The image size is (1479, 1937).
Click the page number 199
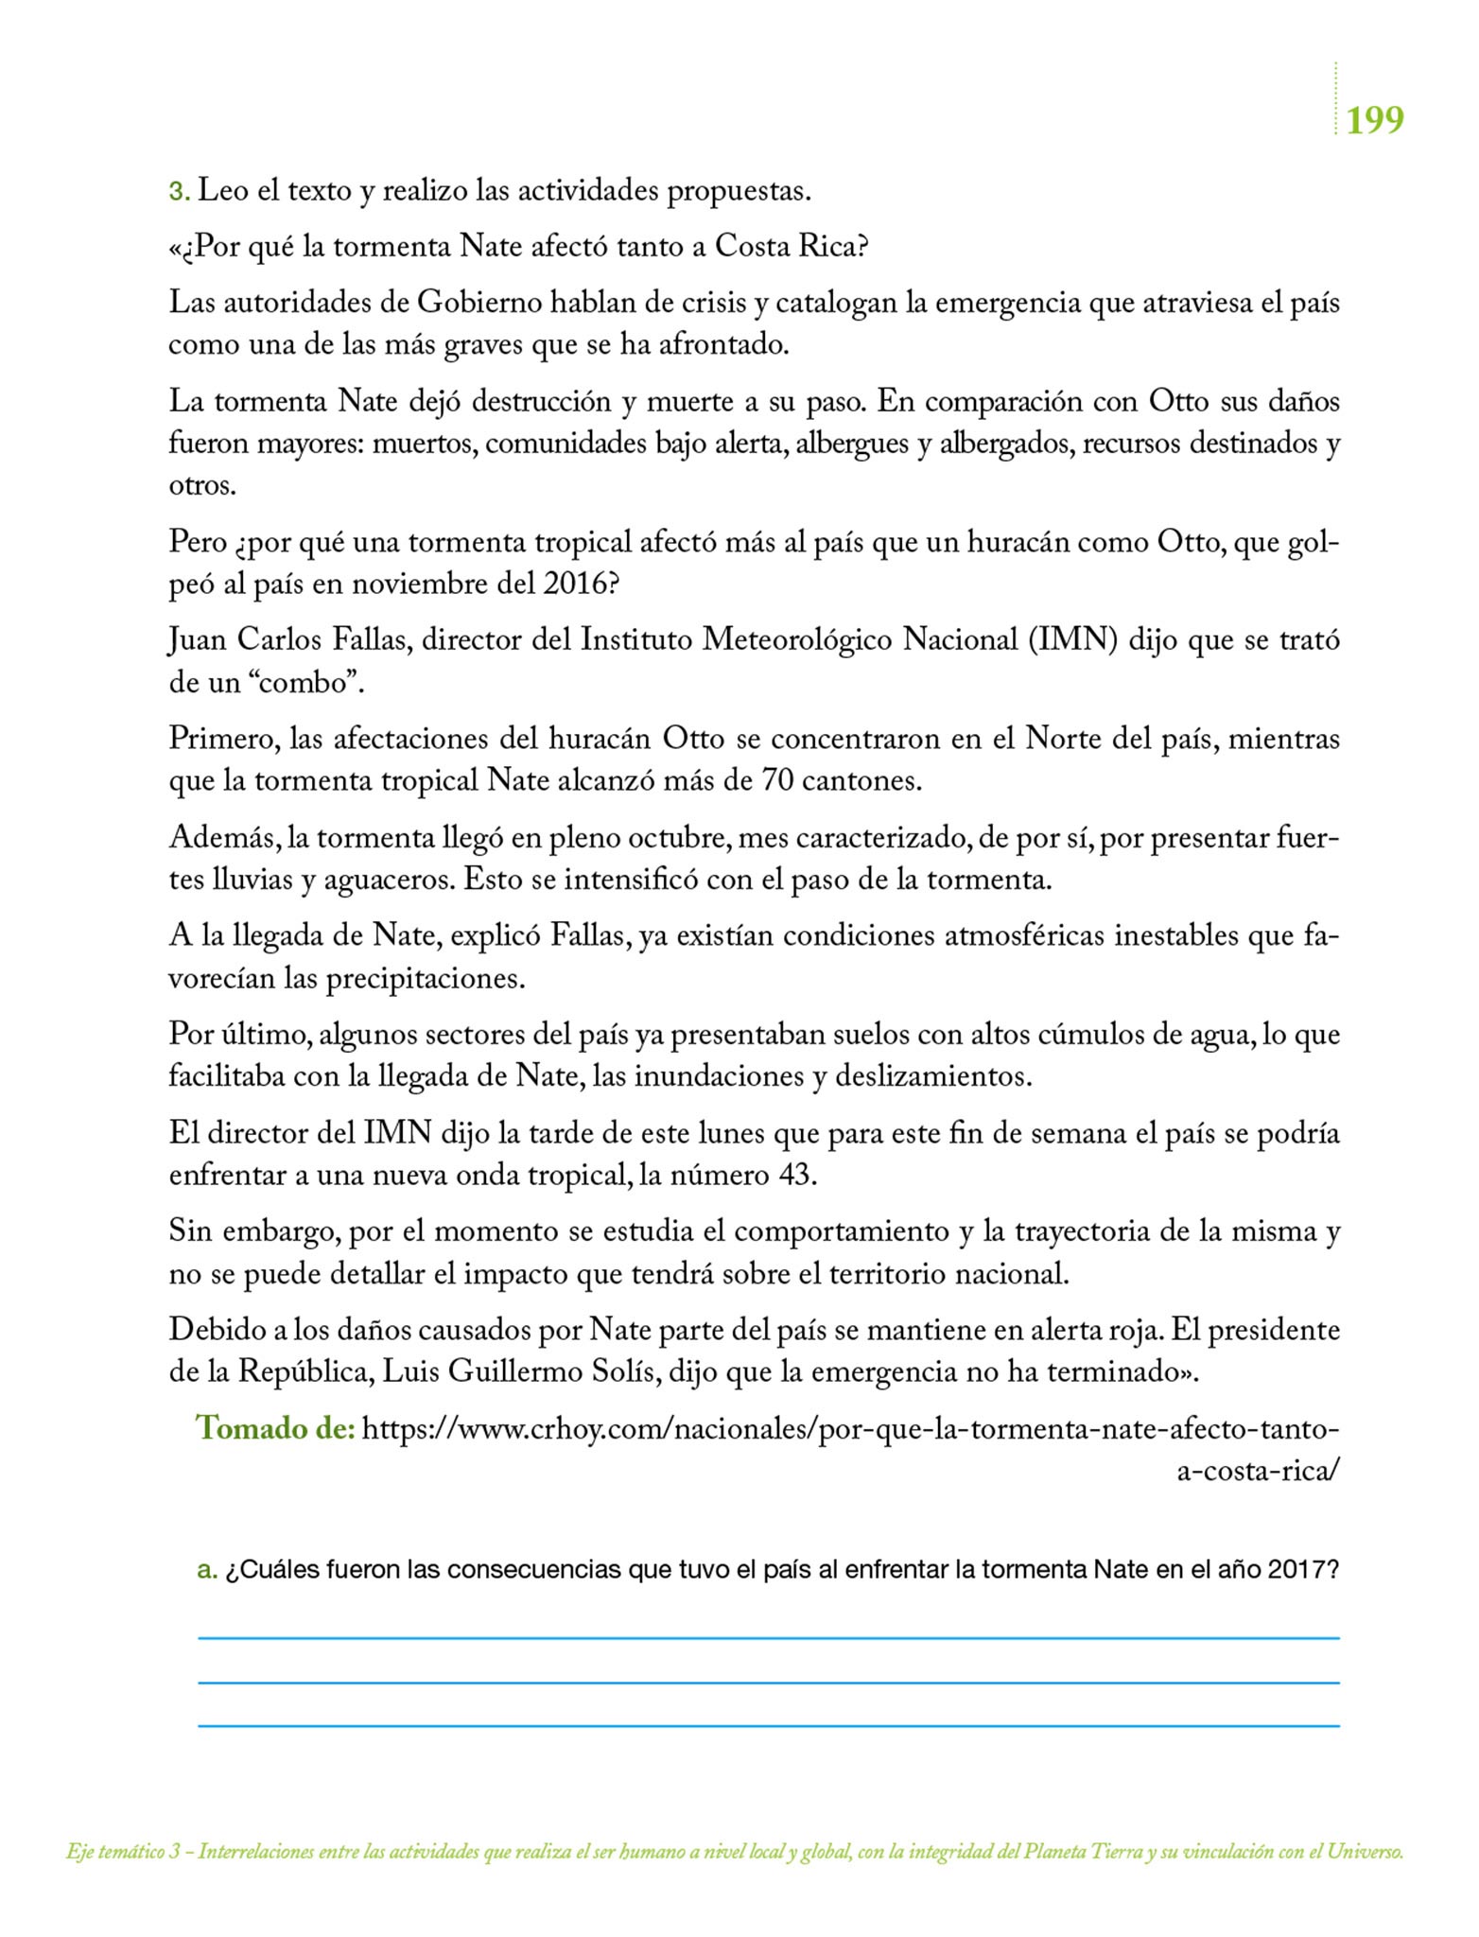tap(1374, 121)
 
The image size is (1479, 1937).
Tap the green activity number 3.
tap(178, 192)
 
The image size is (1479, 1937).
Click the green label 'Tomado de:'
tap(275, 1428)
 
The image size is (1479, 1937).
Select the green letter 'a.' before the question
tap(207, 1571)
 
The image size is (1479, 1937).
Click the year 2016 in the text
tap(572, 584)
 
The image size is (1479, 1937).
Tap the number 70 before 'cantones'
tap(777, 781)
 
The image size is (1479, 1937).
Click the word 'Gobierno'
tap(479, 304)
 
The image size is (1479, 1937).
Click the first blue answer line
tap(768, 1637)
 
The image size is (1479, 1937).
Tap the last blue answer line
tap(768, 1726)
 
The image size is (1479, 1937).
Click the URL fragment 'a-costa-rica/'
tap(1258, 1473)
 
